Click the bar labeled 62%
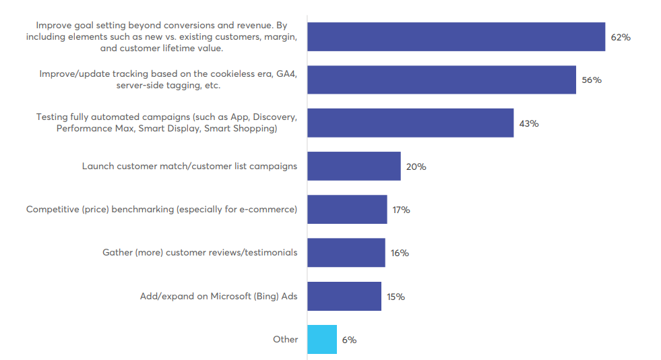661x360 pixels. [x=456, y=37]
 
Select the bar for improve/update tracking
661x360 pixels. [x=441, y=80]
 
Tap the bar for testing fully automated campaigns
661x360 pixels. [x=410, y=123]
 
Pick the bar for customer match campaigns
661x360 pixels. [x=354, y=167]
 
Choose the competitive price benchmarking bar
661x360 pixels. [x=347, y=210]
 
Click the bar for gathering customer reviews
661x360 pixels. [x=346, y=253]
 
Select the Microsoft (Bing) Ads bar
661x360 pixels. [x=344, y=297]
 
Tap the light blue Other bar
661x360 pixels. [x=322, y=340]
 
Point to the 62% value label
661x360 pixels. [x=621, y=37]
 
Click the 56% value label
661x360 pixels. [x=592, y=80]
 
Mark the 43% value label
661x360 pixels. [x=528, y=123]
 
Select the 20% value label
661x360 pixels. [x=416, y=167]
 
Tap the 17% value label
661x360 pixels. [x=401, y=210]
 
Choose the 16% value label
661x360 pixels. [x=400, y=253]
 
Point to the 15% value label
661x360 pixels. [x=396, y=297]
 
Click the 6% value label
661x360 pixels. [x=349, y=340]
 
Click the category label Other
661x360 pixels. [x=285, y=339]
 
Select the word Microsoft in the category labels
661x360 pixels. [x=233, y=296]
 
